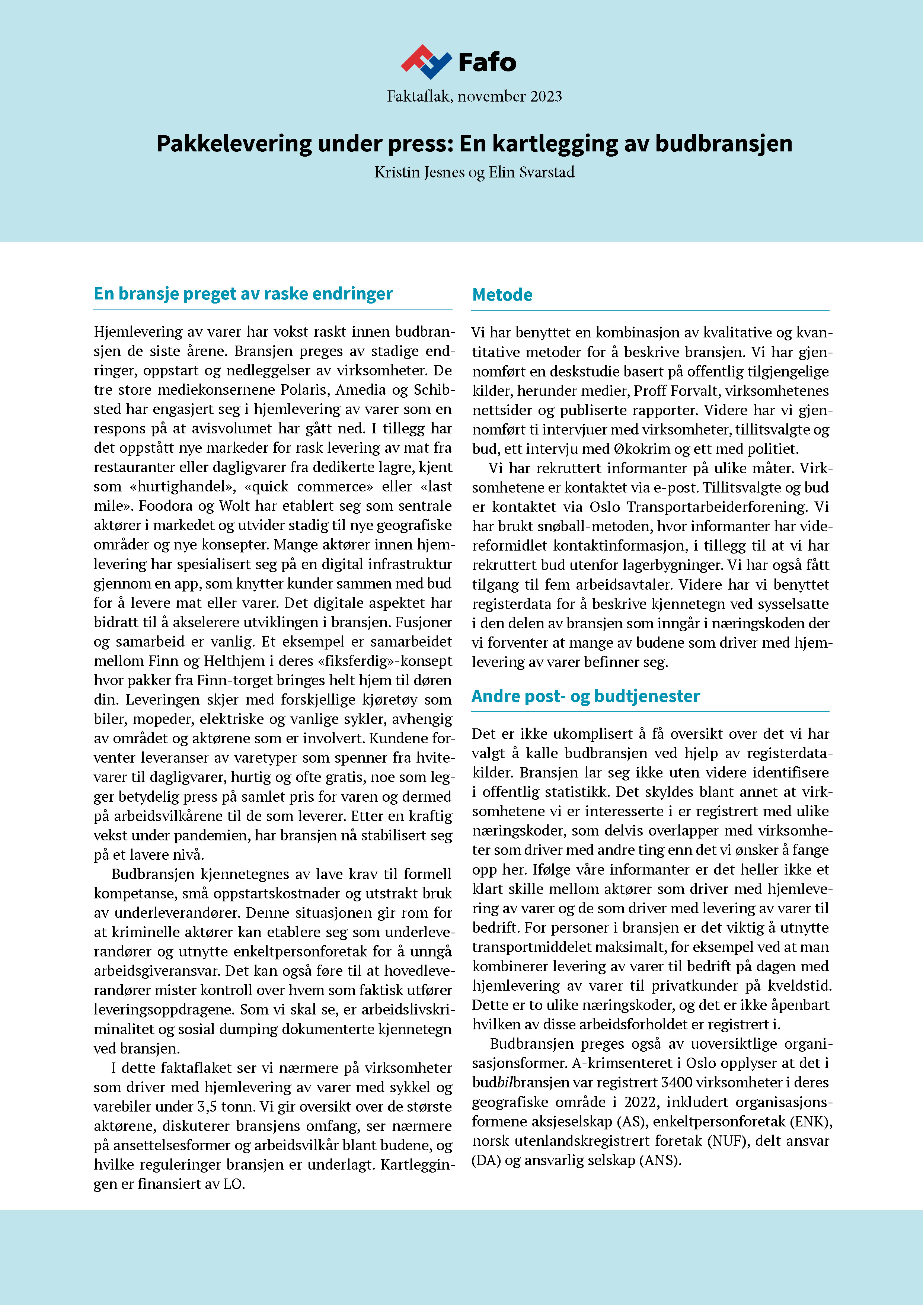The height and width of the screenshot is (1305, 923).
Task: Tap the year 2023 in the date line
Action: [x=545, y=97]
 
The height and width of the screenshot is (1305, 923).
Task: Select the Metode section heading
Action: [x=502, y=295]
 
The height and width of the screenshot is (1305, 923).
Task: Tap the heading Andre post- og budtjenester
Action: [x=585, y=696]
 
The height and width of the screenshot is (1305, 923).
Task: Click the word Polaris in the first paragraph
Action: [x=306, y=390]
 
